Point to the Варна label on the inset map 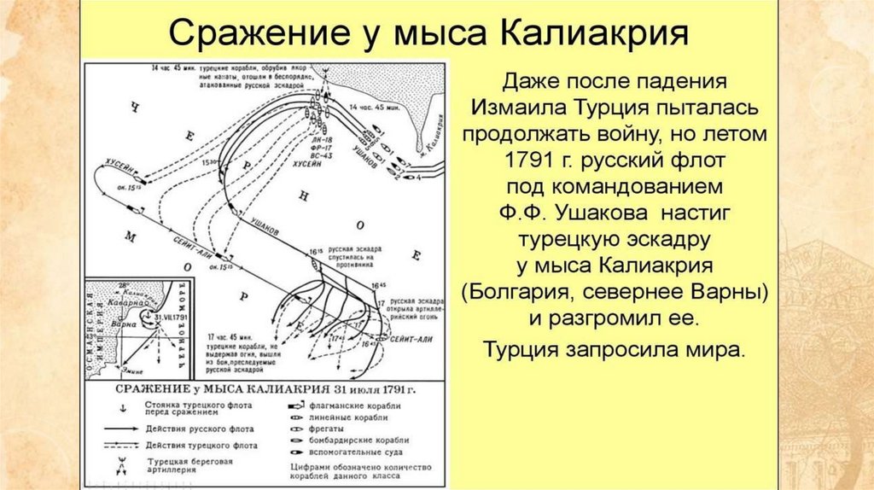(x=129, y=324)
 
